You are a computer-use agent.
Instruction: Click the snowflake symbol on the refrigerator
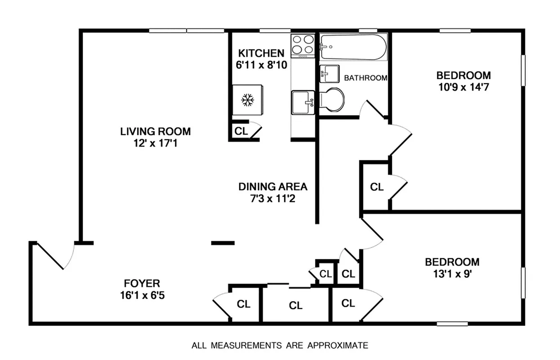click(x=247, y=100)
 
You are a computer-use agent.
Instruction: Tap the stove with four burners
click(x=303, y=45)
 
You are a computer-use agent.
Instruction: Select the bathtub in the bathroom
click(x=353, y=47)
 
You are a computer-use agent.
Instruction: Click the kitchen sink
click(x=303, y=103)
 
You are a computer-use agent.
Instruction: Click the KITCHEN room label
click(x=261, y=53)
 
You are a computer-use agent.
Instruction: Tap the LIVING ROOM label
click(x=155, y=131)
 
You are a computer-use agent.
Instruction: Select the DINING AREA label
click(x=273, y=186)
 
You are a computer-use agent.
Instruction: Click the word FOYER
click(x=142, y=283)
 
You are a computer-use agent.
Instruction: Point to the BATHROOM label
click(x=365, y=78)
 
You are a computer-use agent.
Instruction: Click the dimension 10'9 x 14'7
click(x=463, y=87)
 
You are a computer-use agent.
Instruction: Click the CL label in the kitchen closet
click(x=241, y=131)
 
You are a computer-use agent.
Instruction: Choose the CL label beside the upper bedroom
click(x=376, y=187)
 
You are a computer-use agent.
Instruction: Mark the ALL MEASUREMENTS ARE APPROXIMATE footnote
click(x=280, y=346)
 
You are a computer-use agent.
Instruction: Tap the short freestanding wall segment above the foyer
click(x=223, y=243)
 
